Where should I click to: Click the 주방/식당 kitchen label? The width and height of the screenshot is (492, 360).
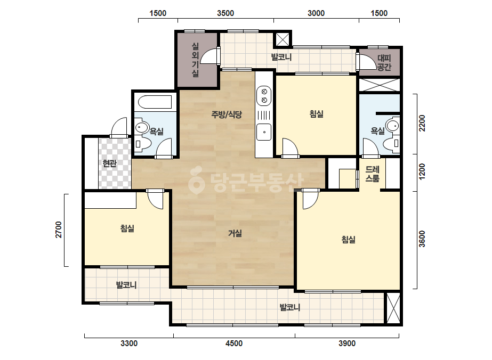227,114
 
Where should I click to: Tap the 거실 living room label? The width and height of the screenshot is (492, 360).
235,233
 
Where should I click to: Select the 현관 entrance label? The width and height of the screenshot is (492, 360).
109,163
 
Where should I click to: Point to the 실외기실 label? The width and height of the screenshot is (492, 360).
195,60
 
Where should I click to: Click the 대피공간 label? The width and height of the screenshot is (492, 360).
384,62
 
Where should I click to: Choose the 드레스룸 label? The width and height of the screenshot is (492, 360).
373,174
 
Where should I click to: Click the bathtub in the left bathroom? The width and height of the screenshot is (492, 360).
155,102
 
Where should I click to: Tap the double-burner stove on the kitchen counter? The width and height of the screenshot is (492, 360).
264,96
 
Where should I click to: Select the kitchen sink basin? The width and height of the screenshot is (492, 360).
264,132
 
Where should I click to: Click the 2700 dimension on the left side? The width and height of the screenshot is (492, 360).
59,230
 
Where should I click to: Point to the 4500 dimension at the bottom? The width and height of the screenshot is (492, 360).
234,343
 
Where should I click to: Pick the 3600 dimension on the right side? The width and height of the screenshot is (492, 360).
422,239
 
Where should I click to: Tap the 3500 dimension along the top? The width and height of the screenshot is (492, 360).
225,13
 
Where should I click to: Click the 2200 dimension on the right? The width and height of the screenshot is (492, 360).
422,123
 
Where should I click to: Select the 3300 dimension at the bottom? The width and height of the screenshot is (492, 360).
129,343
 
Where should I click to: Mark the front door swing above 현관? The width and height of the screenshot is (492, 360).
119,127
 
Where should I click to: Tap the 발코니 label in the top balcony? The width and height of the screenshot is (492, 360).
281,57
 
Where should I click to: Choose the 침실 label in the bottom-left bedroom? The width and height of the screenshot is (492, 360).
127,228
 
